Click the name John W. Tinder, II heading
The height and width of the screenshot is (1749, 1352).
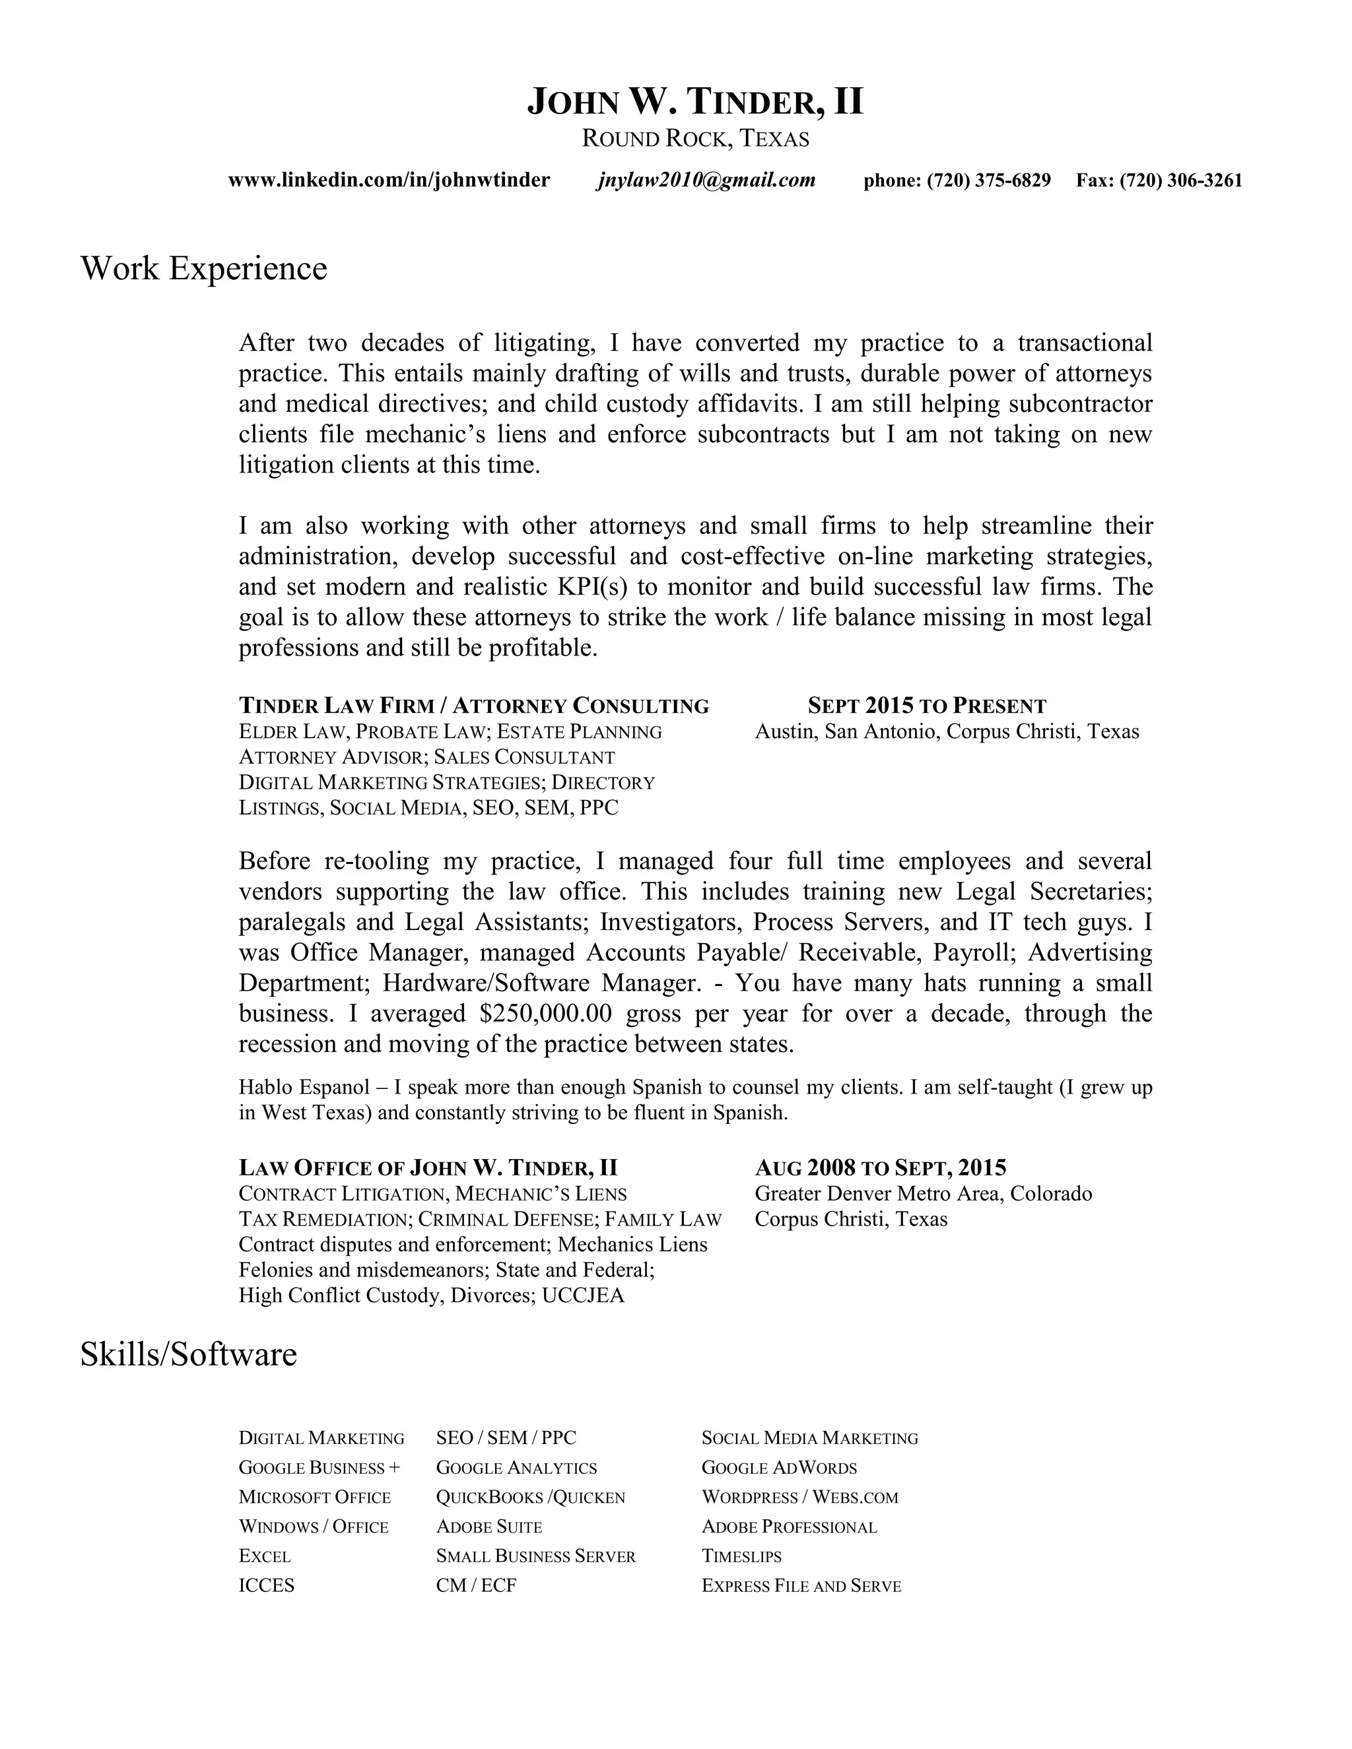point(695,102)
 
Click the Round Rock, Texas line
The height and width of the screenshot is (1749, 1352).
point(695,139)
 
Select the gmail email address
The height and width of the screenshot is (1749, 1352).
point(706,180)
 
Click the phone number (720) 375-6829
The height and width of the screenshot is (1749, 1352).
point(988,180)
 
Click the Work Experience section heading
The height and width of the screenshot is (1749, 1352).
point(203,268)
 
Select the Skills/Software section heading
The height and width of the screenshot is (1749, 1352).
point(188,1354)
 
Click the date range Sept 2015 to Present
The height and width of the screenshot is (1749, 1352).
point(927,706)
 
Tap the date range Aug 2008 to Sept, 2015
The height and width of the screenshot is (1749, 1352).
point(880,1167)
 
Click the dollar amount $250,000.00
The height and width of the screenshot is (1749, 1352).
point(545,1013)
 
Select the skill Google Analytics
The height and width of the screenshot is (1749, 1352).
point(517,1467)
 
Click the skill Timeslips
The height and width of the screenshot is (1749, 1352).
point(741,1556)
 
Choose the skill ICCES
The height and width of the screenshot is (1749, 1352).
point(267,1585)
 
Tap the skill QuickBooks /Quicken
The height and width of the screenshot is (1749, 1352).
point(530,1497)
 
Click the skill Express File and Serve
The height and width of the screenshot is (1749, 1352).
point(801,1585)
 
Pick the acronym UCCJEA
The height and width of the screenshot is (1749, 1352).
point(582,1295)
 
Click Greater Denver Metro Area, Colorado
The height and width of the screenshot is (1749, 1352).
point(923,1193)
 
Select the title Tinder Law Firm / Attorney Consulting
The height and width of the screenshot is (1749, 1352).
point(473,706)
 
